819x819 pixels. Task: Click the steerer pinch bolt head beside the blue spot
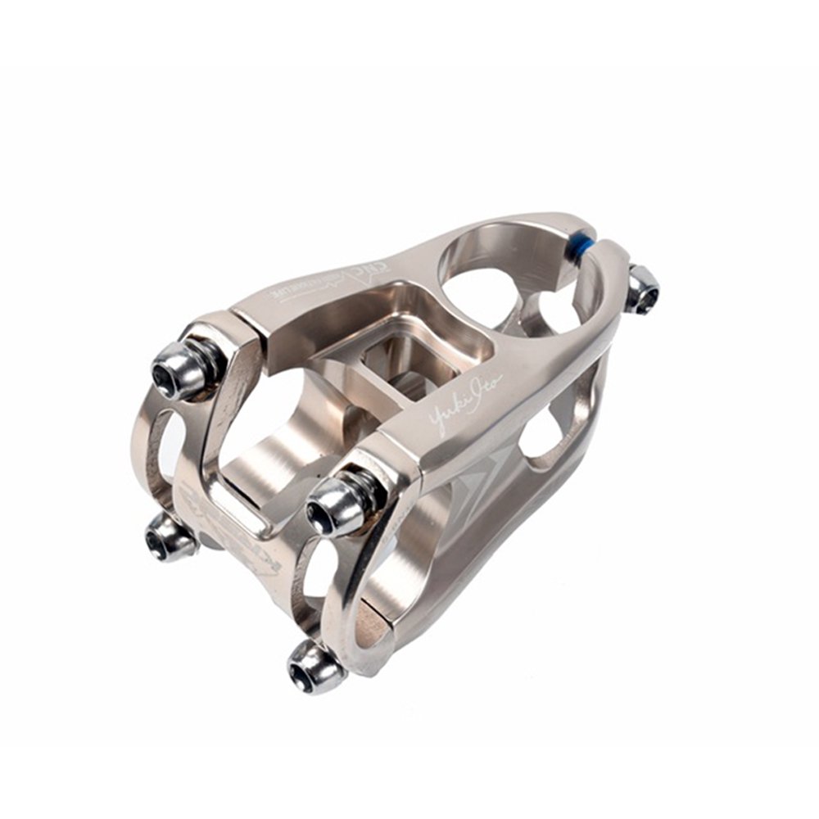click(643, 289)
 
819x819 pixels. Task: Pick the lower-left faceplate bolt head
click(169, 538)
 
